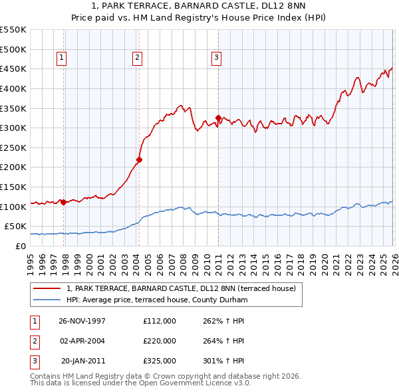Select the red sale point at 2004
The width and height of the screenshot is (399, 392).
coord(139,159)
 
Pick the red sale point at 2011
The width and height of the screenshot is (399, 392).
coord(218,118)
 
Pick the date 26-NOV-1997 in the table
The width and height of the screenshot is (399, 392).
coord(82,321)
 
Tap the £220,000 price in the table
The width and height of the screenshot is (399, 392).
coord(160,341)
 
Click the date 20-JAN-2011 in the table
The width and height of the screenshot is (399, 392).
coord(82,361)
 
